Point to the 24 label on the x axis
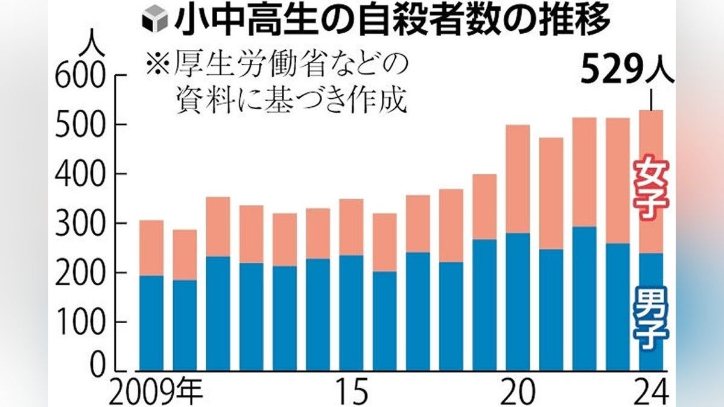click(x=652, y=393)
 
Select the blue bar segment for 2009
click(x=151, y=322)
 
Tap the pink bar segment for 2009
click(x=151, y=248)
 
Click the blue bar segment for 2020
click(x=518, y=301)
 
